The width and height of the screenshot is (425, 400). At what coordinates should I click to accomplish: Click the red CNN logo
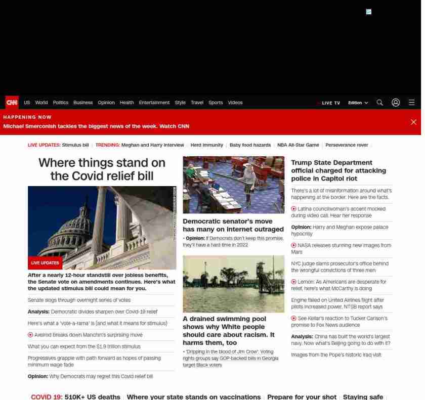12,103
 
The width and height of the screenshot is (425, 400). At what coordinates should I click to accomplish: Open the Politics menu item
60,103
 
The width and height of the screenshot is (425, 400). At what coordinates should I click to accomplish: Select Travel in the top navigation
197,103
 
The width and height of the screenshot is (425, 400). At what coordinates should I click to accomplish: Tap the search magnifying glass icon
379,103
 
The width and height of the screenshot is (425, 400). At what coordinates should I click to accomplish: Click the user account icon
396,103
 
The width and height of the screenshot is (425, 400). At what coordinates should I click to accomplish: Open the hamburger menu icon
412,103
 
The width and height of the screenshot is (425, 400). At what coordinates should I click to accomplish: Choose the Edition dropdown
358,103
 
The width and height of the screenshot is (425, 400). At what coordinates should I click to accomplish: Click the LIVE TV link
330,103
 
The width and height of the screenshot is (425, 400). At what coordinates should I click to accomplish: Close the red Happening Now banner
413,122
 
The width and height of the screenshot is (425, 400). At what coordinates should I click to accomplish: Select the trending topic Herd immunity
206,145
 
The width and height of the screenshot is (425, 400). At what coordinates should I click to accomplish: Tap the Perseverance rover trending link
347,145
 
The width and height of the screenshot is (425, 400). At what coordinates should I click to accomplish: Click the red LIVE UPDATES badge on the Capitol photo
45,263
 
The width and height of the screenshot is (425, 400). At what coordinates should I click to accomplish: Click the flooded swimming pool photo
233,284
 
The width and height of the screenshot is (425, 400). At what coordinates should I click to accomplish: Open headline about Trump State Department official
338,170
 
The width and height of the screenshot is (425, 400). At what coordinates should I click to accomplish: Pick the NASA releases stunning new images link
341,248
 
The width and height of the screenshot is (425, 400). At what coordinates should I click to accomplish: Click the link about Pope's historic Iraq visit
336,355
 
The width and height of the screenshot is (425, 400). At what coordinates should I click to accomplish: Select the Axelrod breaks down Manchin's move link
88,335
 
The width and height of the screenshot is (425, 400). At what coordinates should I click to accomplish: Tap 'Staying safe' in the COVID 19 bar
363,397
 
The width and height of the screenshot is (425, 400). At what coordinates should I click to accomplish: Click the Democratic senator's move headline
233,225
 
